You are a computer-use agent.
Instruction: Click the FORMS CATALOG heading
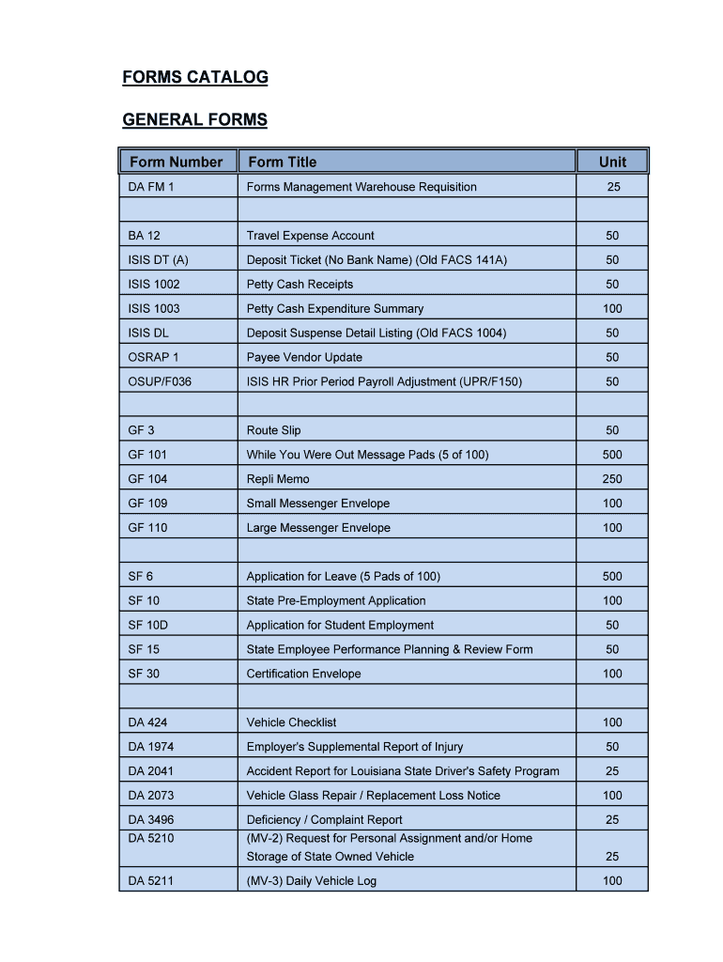(x=195, y=77)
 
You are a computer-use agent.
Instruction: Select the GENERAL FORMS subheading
(x=195, y=119)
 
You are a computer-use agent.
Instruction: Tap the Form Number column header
(x=177, y=162)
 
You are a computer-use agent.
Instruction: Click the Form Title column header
(x=282, y=162)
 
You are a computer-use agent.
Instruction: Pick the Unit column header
(x=612, y=162)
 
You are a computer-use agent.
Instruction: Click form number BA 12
(x=144, y=236)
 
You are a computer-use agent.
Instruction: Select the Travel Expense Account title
(x=310, y=236)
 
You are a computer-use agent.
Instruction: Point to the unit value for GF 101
(x=612, y=455)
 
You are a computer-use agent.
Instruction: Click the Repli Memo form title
(x=278, y=479)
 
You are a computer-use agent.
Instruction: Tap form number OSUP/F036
(x=160, y=381)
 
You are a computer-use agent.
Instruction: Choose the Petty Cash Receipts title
(x=300, y=285)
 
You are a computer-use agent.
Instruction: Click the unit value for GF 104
(x=612, y=479)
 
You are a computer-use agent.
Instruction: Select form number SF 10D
(x=148, y=626)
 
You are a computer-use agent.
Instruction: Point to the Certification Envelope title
(x=303, y=674)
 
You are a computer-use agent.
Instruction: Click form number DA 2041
(x=151, y=771)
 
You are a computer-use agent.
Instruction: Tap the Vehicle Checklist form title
(x=291, y=722)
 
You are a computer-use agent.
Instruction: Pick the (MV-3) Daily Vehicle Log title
(x=311, y=881)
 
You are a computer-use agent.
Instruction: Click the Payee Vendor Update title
(x=304, y=357)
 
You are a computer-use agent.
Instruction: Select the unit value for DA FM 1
(x=612, y=187)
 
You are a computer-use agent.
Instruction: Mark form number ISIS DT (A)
(x=159, y=260)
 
